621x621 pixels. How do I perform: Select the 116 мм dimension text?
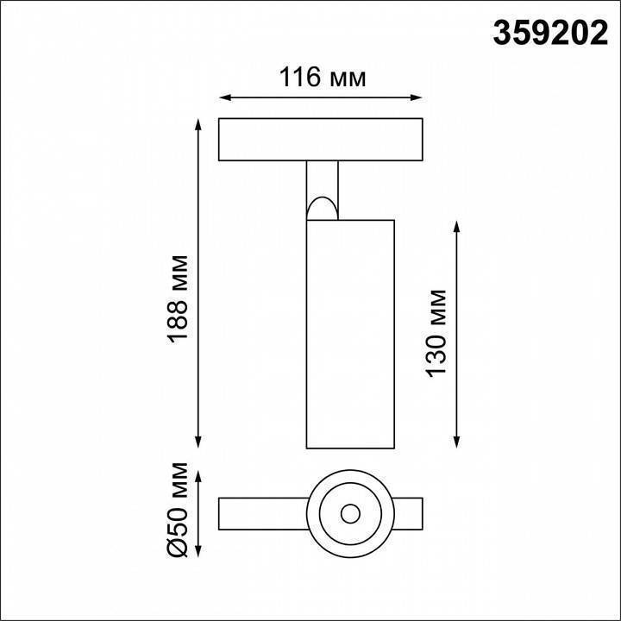[323, 78]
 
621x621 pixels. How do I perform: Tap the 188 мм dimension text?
[179, 298]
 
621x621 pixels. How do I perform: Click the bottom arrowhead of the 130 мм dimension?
[457, 442]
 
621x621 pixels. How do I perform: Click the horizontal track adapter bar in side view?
[322, 140]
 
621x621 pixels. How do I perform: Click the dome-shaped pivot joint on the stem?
[322, 207]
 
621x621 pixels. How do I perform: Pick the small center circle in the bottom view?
[350, 514]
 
